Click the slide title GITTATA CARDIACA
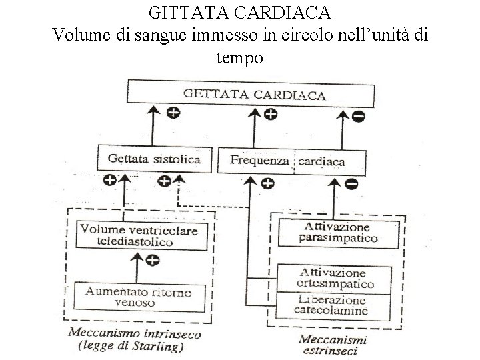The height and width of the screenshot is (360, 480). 240,13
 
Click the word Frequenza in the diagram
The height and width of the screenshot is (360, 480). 259,161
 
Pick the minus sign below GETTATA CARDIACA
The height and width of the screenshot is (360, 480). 358,117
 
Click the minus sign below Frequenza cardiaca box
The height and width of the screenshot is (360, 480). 352,183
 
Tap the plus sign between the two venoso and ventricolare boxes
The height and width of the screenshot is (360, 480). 153,261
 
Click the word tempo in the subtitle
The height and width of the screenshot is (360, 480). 240,58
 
